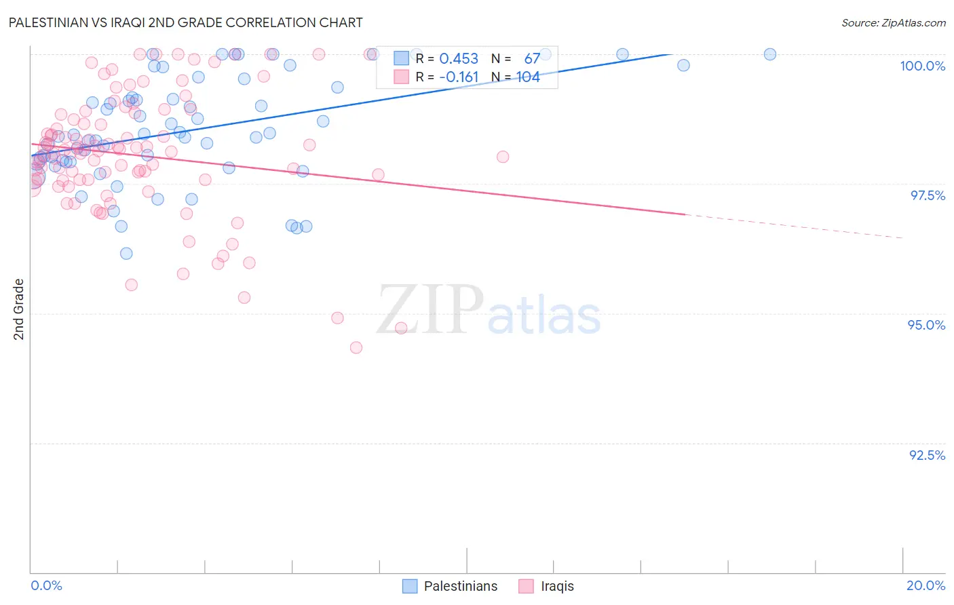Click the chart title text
(185, 22)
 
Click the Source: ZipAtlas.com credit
(893, 23)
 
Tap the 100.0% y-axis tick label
(922, 66)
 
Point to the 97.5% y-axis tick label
(927, 195)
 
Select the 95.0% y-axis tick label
(926, 325)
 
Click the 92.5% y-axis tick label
(927, 455)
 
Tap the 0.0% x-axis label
(46, 585)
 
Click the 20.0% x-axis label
(926, 585)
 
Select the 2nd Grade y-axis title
(19, 309)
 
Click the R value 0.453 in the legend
(459, 58)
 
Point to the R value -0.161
(459, 77)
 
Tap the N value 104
(528, 77)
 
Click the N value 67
(532, 58)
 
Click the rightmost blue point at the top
(769, 54)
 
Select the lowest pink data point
(356, 347)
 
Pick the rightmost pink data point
(503, 157)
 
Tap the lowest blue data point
(126, 254)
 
